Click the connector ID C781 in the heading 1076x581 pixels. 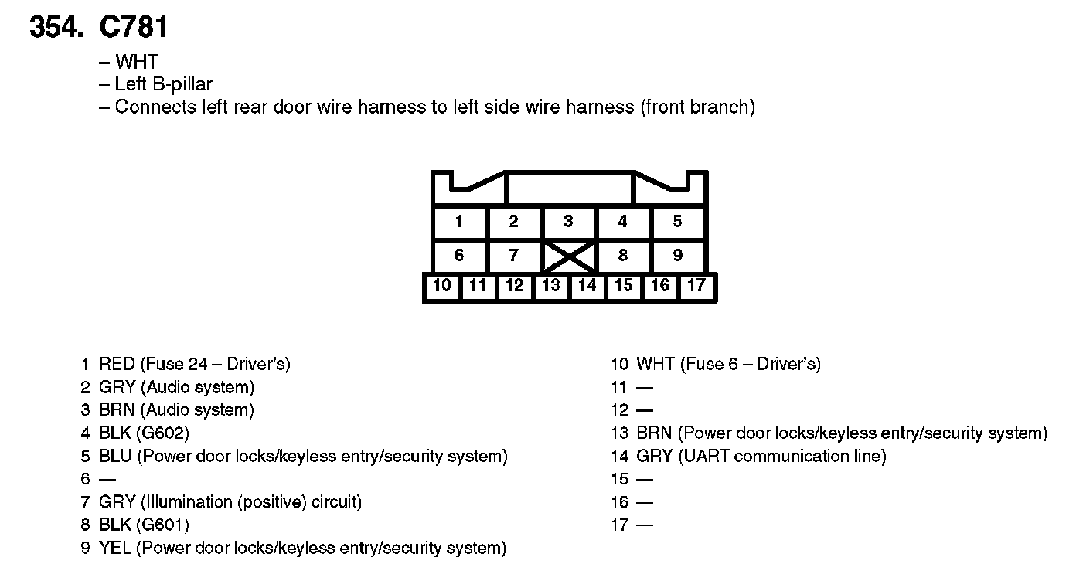(x=134, y=28)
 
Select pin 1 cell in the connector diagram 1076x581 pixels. (x=459, y=223)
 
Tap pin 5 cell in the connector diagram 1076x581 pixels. (x=677, y=223)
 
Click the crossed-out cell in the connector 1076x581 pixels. (x=568, y=255)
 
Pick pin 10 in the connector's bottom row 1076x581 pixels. (x=441, y=286)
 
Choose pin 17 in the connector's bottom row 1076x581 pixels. (x=696, y=286)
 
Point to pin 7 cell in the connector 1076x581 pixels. (x=514, y=255)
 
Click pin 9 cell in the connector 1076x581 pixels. (x=677, y=255)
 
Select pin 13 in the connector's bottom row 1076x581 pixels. (x=550, y=286)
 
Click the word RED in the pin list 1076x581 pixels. (x=117, y=364)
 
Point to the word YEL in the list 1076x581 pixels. (x=116, y=549)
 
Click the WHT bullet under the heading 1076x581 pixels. (x=136, y=62)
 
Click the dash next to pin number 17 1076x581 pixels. (x=645, y=526)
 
